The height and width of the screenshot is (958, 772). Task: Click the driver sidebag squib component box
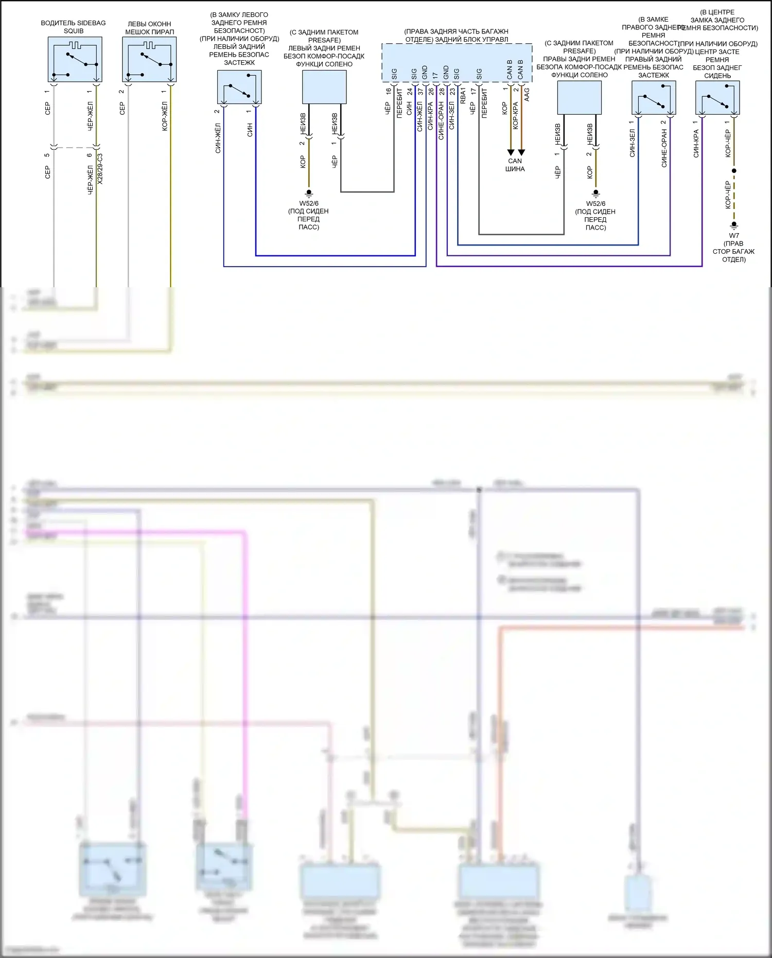(75, 59)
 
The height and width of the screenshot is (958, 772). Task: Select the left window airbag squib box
(149, 59)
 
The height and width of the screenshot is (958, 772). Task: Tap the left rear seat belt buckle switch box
(239, 87)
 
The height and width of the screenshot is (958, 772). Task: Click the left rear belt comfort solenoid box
(324, 87)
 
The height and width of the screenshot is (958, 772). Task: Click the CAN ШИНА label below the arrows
(515, 165)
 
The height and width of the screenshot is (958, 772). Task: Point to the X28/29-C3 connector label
(100, 169)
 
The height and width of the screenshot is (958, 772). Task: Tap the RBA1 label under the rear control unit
(463, 96)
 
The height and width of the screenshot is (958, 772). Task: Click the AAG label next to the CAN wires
(527, 94)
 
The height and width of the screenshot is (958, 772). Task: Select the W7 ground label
(734, 236)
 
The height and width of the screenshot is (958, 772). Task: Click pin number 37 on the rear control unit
(420, 92)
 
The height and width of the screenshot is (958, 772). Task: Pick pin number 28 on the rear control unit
(442, 92)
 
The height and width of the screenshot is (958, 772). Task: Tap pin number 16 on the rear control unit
(389, 92)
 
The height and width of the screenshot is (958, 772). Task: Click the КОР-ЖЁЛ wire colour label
(165, 116)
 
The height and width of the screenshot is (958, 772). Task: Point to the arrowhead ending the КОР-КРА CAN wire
(521, 152)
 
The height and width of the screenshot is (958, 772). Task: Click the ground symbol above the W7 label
(734, 225)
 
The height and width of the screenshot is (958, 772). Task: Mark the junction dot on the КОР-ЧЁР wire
(734, 170)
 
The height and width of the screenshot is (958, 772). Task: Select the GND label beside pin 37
(425, 73)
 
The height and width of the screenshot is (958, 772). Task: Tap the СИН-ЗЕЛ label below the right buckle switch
(632, 143)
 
